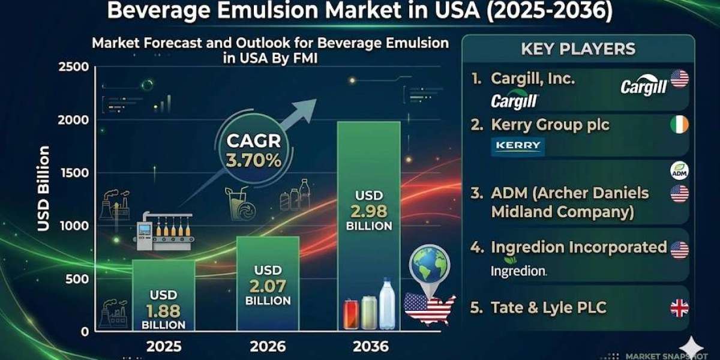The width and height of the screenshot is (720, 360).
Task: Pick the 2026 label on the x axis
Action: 267,346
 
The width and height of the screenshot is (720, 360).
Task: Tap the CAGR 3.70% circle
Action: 253,152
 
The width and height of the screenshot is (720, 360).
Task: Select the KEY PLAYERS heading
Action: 578,49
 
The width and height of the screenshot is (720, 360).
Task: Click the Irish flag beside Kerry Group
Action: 679,125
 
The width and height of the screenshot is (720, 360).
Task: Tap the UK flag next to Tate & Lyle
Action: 679,308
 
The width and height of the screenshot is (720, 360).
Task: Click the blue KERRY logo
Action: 518,146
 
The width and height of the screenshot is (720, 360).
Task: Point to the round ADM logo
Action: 679,171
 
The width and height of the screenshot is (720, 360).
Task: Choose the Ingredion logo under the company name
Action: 518,271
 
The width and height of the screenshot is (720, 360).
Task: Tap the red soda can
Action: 350,315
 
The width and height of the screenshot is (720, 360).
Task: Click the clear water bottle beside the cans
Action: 387,304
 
